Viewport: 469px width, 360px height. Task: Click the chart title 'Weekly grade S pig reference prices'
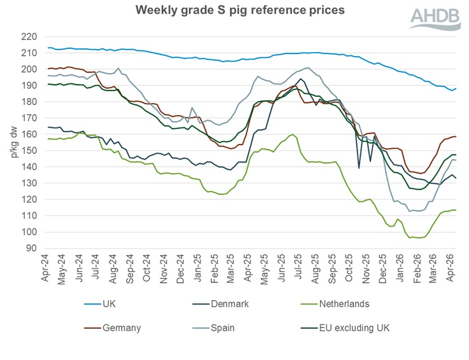234,10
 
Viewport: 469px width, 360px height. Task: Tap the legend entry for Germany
120,328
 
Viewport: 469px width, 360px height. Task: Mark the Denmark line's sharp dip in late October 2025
359,168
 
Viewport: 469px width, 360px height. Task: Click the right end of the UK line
456,88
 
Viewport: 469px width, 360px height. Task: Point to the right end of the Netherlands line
456,210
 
